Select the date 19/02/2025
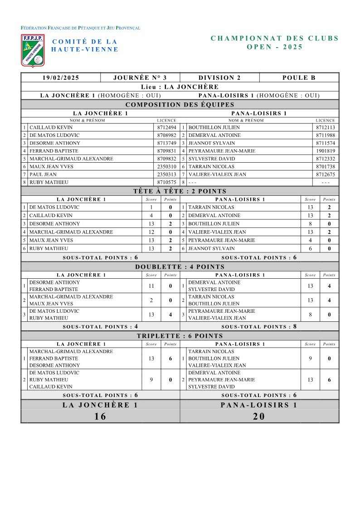click(61, 78)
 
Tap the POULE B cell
click(299, 78)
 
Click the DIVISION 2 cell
click(219, 78)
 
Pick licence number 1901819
click(326, 151)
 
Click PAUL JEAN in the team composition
click(43, 175)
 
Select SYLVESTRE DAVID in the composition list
click(209, 159)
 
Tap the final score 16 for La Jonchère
click(100, 417)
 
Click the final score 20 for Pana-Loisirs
click(259, 417)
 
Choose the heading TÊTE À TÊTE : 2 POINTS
click(180, 191)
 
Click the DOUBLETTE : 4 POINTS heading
click(180, 267)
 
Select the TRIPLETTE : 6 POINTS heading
click(180, 336)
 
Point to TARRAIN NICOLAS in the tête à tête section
click(208, 207)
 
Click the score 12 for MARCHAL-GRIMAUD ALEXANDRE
click(151, 232)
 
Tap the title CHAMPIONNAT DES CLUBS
click(275, 39)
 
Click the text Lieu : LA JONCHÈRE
click(180, 87)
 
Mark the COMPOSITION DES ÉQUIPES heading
click(180, 105)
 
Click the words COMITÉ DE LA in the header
click(85, 42)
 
